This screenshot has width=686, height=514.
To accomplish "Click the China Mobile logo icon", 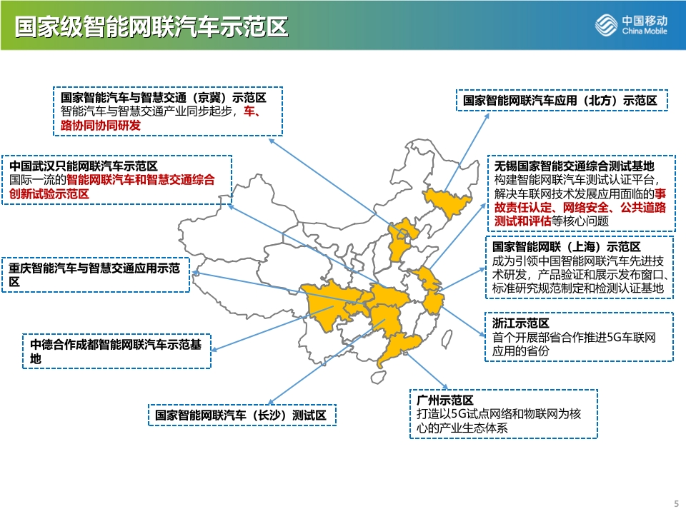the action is [x=606, y=24].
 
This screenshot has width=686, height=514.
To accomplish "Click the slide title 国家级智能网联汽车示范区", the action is [x=151, y=26].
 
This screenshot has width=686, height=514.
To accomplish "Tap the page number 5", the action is [x=677, y=503].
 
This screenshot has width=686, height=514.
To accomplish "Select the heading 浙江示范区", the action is [x=521, y=323].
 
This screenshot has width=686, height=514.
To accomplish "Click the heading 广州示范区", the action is [x=445, y=400].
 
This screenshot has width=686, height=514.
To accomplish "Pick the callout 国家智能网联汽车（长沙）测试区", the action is [x=242, y=415].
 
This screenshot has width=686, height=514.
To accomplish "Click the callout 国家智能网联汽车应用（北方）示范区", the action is [x=562, y=100].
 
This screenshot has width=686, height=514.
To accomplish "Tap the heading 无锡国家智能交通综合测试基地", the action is [x=574, y=166].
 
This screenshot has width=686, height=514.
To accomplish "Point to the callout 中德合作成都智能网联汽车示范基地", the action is [x=116, y=351].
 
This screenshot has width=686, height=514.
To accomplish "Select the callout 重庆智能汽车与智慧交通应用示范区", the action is [x=96, y=274].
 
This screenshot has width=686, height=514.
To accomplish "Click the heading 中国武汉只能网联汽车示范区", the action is [x=84, y=166].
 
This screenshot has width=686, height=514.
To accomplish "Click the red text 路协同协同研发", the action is [x=101, y=126].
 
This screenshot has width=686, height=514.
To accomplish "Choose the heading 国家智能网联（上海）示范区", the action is [x=566, y=247].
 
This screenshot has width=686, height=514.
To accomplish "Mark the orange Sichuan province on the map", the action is [x=328, y=304].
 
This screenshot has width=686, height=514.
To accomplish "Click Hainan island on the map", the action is [x=379, y=377].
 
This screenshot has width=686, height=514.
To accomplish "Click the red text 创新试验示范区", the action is [x=49, y=193].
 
